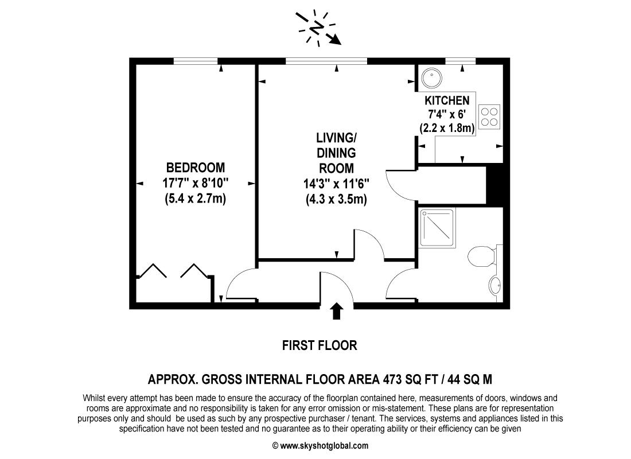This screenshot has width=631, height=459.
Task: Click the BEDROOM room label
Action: click(x=195, y=168)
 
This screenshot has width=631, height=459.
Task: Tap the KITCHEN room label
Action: click(x=447, y=100)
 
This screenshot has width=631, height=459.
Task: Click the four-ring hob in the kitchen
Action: click(x=489, y=116)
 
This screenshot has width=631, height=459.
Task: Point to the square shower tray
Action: click(x=437, y=228)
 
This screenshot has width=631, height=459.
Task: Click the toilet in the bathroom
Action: click(x=481, y=256)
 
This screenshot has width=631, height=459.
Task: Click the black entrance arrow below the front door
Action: click(x=337, y=311)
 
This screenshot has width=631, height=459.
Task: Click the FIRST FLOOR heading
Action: click(x=320, y=345)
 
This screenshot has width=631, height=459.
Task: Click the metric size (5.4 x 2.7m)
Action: click(x=195, y=199)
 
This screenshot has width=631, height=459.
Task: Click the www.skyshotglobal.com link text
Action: click(x=324, y=446)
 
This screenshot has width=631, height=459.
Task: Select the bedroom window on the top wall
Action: click(x=196, y=60)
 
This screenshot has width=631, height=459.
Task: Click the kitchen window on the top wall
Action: click(x=461, y=60)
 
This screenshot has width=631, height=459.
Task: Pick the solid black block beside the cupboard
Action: click(x=494, y=184)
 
